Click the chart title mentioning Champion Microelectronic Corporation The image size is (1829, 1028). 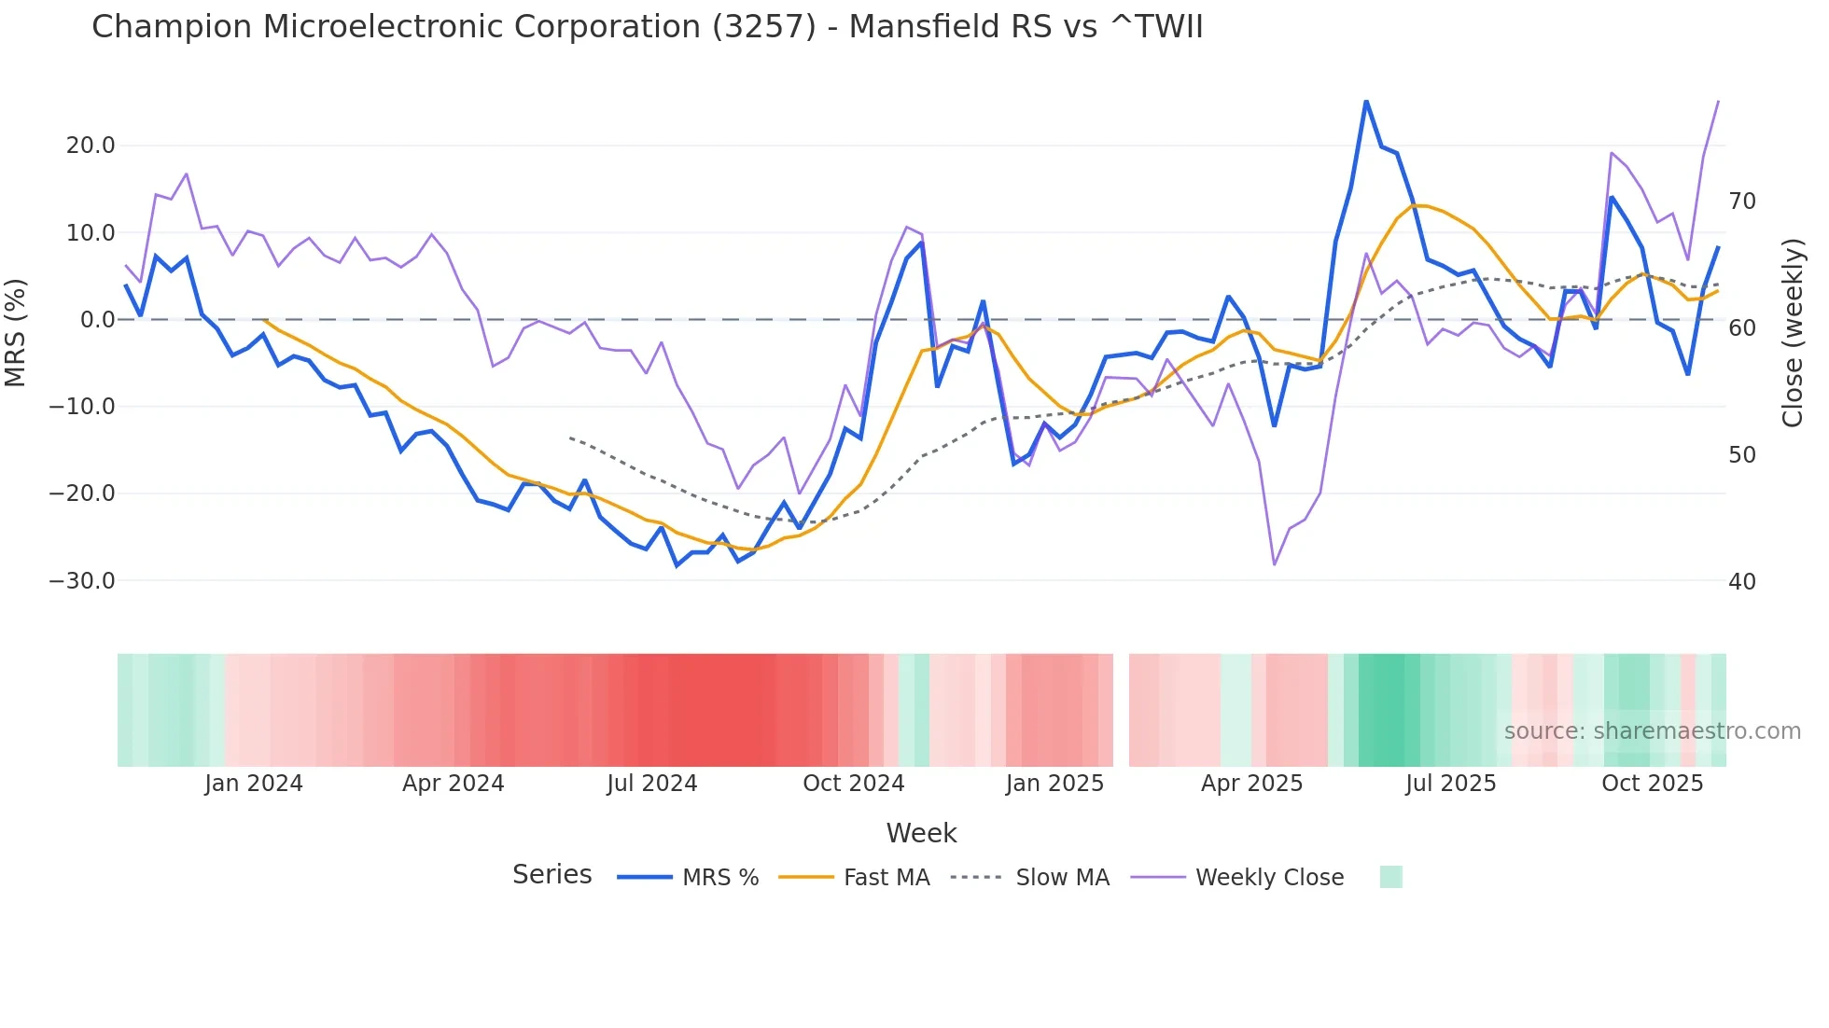click(647, 27)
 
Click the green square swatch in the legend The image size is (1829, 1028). click(1390, 877)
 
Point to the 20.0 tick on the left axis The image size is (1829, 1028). click(91, 146)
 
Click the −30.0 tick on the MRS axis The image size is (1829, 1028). click(82, 581)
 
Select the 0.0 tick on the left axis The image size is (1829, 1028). click(98, 320)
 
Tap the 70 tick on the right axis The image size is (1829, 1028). click(1742, 201)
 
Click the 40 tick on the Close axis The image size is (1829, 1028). click(1742, 582)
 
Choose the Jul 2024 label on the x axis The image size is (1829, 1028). click(652, 784)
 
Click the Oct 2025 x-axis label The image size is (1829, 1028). click(1652, 784)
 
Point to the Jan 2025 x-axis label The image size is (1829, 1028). click(1054, 784)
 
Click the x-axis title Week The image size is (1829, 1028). click(921, 833)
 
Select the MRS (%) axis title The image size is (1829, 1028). click(16, 332)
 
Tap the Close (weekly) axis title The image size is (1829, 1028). click(1793, 333)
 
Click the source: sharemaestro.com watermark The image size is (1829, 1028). click(1652, 731)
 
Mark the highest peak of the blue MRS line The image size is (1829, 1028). click(1366, 101)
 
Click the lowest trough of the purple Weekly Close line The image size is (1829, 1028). click(1274, 564)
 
